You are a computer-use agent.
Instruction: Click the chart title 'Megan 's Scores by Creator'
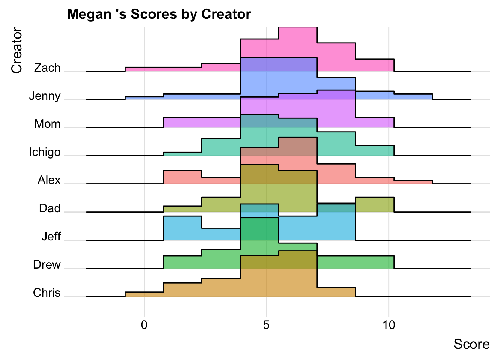pos(159,14)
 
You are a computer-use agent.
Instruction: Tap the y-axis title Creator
pos(17,50)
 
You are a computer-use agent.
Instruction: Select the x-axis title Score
pos(471,344)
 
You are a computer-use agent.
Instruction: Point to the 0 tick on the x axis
pos(144,325)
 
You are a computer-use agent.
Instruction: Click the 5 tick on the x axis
pos(266,325)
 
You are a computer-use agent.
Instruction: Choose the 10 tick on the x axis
pos(389,325)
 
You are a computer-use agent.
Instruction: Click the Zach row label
pos(47,68)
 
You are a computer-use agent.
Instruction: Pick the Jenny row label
pos(45,96)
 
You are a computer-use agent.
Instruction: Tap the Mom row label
pos(47,124)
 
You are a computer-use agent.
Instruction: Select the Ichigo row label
pos(45,152)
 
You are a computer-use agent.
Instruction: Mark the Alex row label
pos(49,180)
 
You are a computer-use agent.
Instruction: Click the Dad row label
pos(49,208)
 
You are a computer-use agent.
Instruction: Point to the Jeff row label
pos(51,237)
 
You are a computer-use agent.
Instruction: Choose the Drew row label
pos(47,265)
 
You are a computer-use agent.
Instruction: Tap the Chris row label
pos(47,293)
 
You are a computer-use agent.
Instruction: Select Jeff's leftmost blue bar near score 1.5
pos(183,228)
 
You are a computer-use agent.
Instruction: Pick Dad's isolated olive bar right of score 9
pos(374,204)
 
